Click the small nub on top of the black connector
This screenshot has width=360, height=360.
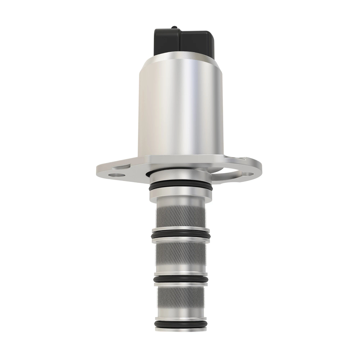(174, 29)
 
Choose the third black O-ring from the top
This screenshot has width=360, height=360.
(180, 279)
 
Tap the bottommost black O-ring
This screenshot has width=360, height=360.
(180, 323)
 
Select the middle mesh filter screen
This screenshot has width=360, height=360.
(180, 253)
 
